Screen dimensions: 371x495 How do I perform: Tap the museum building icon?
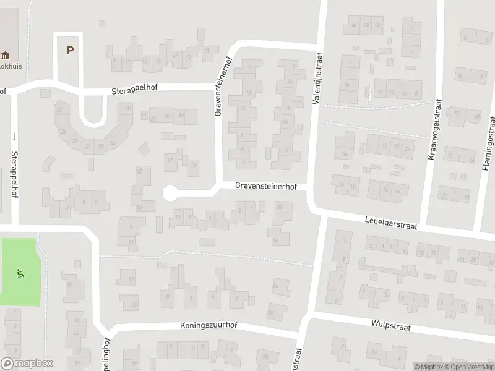tap(6, 54)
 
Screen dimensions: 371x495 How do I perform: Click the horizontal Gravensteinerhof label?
tap(266, 185)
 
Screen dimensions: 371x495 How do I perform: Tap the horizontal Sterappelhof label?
tap(135, 89)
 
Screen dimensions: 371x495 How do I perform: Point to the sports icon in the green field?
tap(20, 271)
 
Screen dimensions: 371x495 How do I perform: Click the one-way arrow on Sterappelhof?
tap(14, 136)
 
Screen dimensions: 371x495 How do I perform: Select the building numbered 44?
tap(168, 116)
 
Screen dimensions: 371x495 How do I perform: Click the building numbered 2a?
tap(353, 25)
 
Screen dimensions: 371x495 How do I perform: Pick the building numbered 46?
tap(181, 115)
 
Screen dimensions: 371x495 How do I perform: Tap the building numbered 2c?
tap(377, 25)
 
